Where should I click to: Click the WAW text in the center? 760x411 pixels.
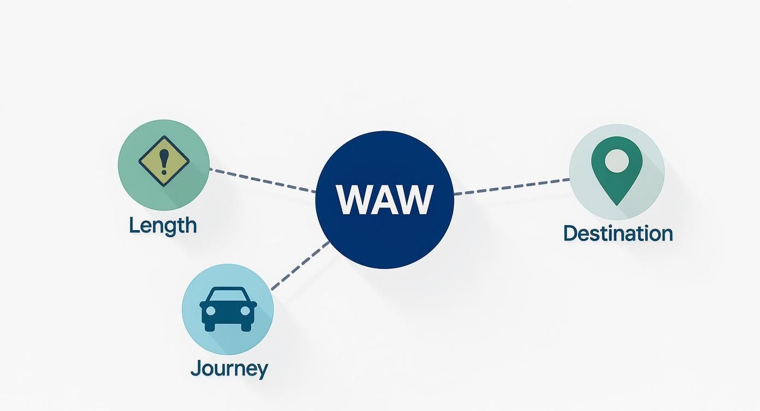(x=384, y=200)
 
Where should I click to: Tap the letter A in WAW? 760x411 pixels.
(x=384, y=200)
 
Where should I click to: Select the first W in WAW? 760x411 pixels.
(x=355, y=200)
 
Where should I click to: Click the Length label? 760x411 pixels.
(x=163, y=225)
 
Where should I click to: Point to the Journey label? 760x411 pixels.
(x=229, y=368)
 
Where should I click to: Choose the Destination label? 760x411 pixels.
(x=618, y=233)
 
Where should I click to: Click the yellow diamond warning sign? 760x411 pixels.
(x=164, y=162)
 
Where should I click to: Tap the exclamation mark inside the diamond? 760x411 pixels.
(x=164, y=161)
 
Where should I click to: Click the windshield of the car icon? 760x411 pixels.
(x=228, y=296)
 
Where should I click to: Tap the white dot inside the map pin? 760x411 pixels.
(x=617, y=160)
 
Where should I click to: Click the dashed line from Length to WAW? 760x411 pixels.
(x=262, y=180)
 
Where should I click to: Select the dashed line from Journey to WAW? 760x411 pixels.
(x=300, y=265)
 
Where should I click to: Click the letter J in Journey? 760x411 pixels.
(x=195, y=368)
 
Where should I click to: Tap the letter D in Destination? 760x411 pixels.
(x=570, y=233)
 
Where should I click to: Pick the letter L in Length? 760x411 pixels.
(x=133, y=225)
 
